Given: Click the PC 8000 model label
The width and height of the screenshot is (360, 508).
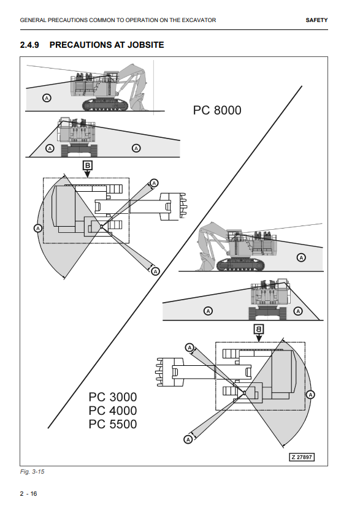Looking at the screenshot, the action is [x=217, y=110].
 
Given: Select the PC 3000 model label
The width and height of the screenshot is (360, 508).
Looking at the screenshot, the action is [x=113, y=397].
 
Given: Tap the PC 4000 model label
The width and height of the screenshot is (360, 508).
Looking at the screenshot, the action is [x=113, y=411].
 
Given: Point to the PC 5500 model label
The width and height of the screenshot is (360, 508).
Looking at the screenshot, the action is [x=113, y=424].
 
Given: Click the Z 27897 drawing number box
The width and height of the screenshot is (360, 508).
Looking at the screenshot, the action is [x=302, y=457].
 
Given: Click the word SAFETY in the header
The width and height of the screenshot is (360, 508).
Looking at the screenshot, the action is [x=316, y=20].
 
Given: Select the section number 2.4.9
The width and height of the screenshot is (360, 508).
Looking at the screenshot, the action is [x=29, y=45].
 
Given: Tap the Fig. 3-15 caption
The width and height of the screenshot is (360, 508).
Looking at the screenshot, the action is [x=32, y=472].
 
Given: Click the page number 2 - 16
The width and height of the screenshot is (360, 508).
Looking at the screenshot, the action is [x=29, y=494].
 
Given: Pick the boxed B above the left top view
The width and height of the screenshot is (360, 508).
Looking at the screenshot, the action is [x=88, y=165].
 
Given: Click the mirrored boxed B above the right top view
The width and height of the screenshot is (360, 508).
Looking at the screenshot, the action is [x=259, y=329].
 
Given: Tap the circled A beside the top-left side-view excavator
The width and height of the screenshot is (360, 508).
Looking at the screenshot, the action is [x=47, y=97].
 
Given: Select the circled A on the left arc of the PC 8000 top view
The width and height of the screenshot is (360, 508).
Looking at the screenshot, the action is [x=38, y=228].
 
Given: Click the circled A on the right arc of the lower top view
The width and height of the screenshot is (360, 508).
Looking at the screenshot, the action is [x=310, y=395].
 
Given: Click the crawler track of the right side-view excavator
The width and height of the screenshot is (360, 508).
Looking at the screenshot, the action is [x=240, y=265].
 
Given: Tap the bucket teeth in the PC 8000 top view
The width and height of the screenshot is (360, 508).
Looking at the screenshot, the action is [x=183, y=207].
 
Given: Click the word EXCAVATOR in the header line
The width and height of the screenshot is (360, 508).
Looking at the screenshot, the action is [x=199, y=20].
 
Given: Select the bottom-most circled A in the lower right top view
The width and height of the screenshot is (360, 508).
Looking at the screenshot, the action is [x=188, y=439].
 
